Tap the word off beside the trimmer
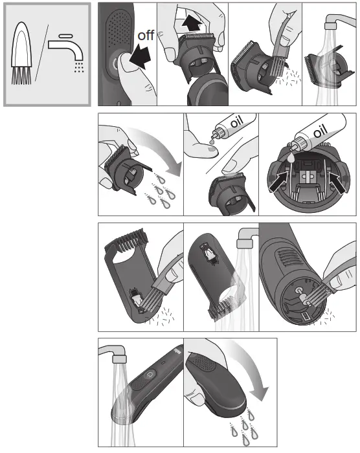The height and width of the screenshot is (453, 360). click(146, 35)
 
